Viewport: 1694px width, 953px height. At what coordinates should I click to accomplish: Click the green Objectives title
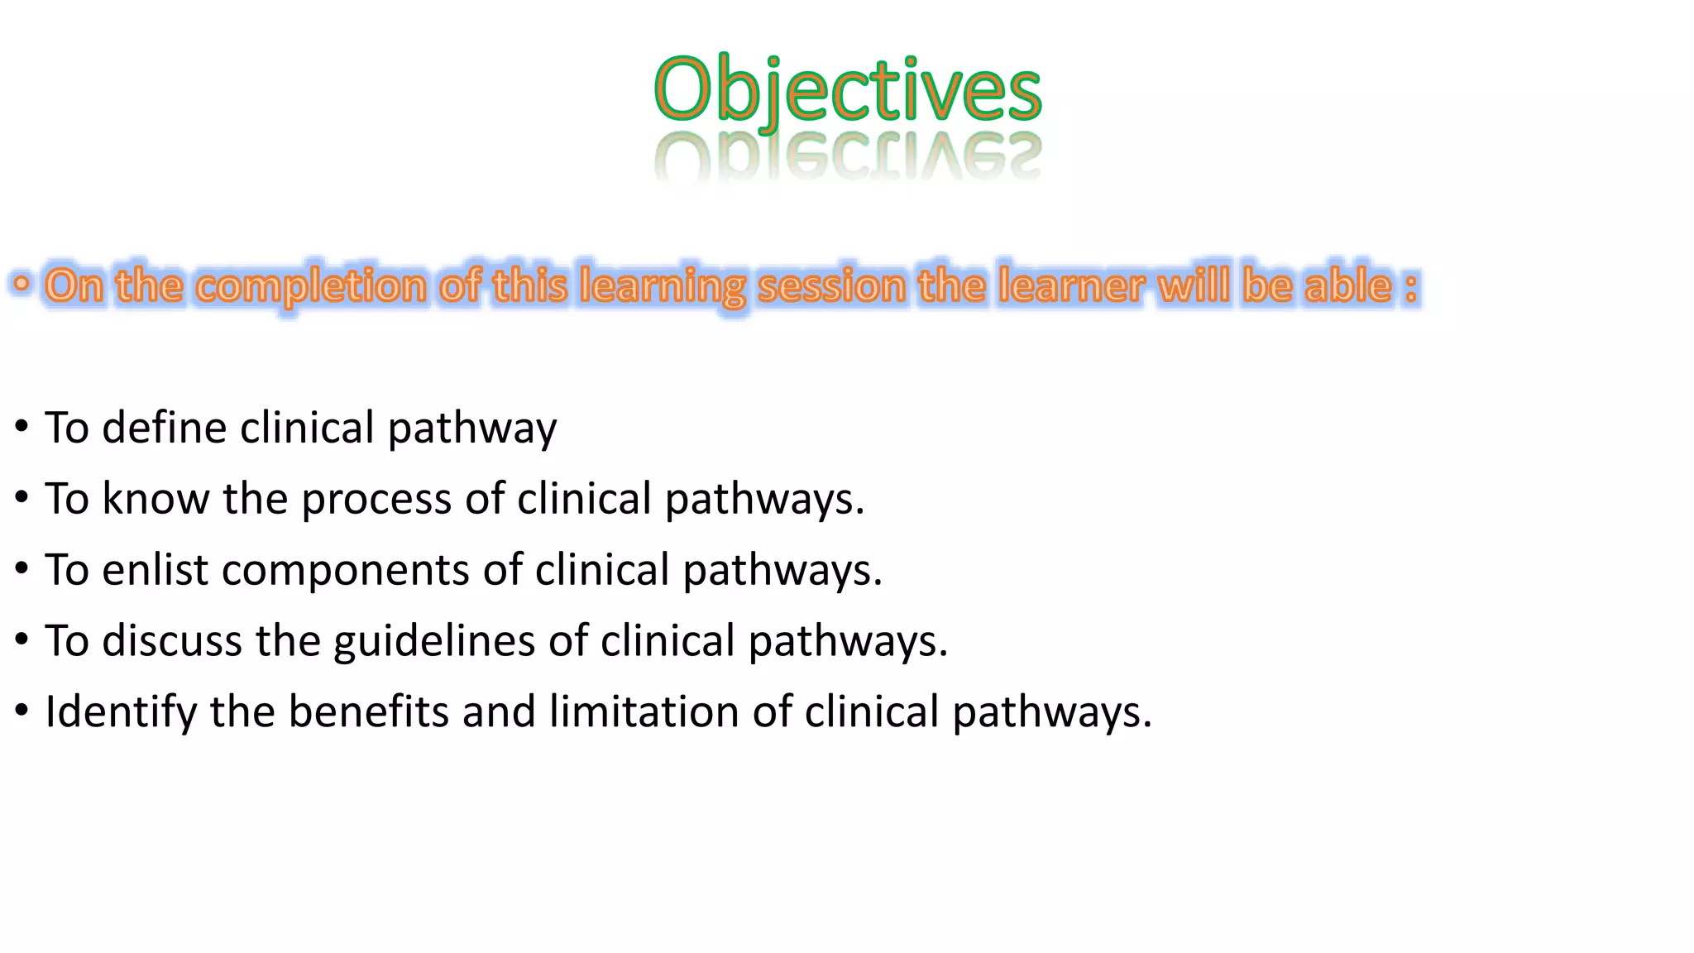click(x=847, y=89)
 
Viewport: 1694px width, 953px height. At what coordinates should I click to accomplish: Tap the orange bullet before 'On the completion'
click(x=22, y=285)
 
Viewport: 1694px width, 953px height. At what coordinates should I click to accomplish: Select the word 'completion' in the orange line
click(x=311, y=286)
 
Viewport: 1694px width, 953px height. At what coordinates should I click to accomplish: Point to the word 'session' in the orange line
click(x=831, y=286)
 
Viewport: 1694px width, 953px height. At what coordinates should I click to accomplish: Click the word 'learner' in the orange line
click(x=1070, y=286)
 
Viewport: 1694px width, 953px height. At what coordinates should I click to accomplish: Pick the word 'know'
click(x=156, y=499)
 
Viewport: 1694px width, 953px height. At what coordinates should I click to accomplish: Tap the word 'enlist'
click(x=156, y=570)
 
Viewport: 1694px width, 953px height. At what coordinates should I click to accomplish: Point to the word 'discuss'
click(x=172, y=641)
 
